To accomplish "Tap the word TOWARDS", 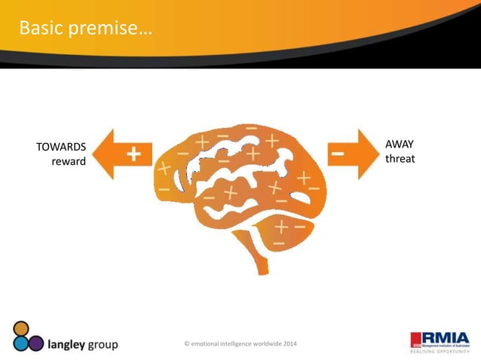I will point(61,147).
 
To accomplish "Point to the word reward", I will point(68,162).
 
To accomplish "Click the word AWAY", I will point(399,144).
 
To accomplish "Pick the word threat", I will point(400,159).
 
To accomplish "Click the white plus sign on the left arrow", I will point(133,154).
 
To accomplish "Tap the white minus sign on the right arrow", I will point(339,154).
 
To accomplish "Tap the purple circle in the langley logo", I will point(35,343).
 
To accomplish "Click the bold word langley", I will point(70,345).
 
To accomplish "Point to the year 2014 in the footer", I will point(290,344).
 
